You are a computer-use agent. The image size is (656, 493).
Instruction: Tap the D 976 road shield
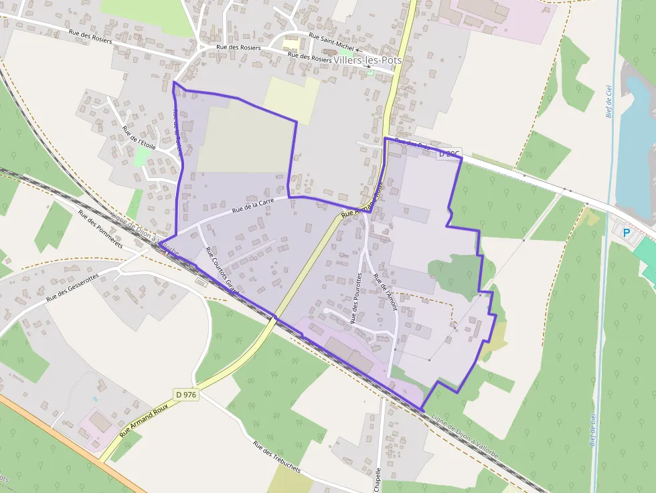[186, 395]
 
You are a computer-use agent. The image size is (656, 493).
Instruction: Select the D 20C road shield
[449, 154]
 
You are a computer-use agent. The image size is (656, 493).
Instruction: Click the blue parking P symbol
[627, 233]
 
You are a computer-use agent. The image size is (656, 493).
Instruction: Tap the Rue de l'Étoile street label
[139, 136]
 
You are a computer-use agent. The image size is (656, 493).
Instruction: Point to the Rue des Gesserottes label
[72, 288]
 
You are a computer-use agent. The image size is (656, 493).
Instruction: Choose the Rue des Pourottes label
[356, 298]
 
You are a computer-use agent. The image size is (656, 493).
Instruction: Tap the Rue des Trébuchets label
[277, 457]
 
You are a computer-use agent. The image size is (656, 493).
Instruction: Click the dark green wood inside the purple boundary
[456, 274]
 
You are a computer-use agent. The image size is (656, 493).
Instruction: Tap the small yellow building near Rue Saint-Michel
[291, 43]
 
